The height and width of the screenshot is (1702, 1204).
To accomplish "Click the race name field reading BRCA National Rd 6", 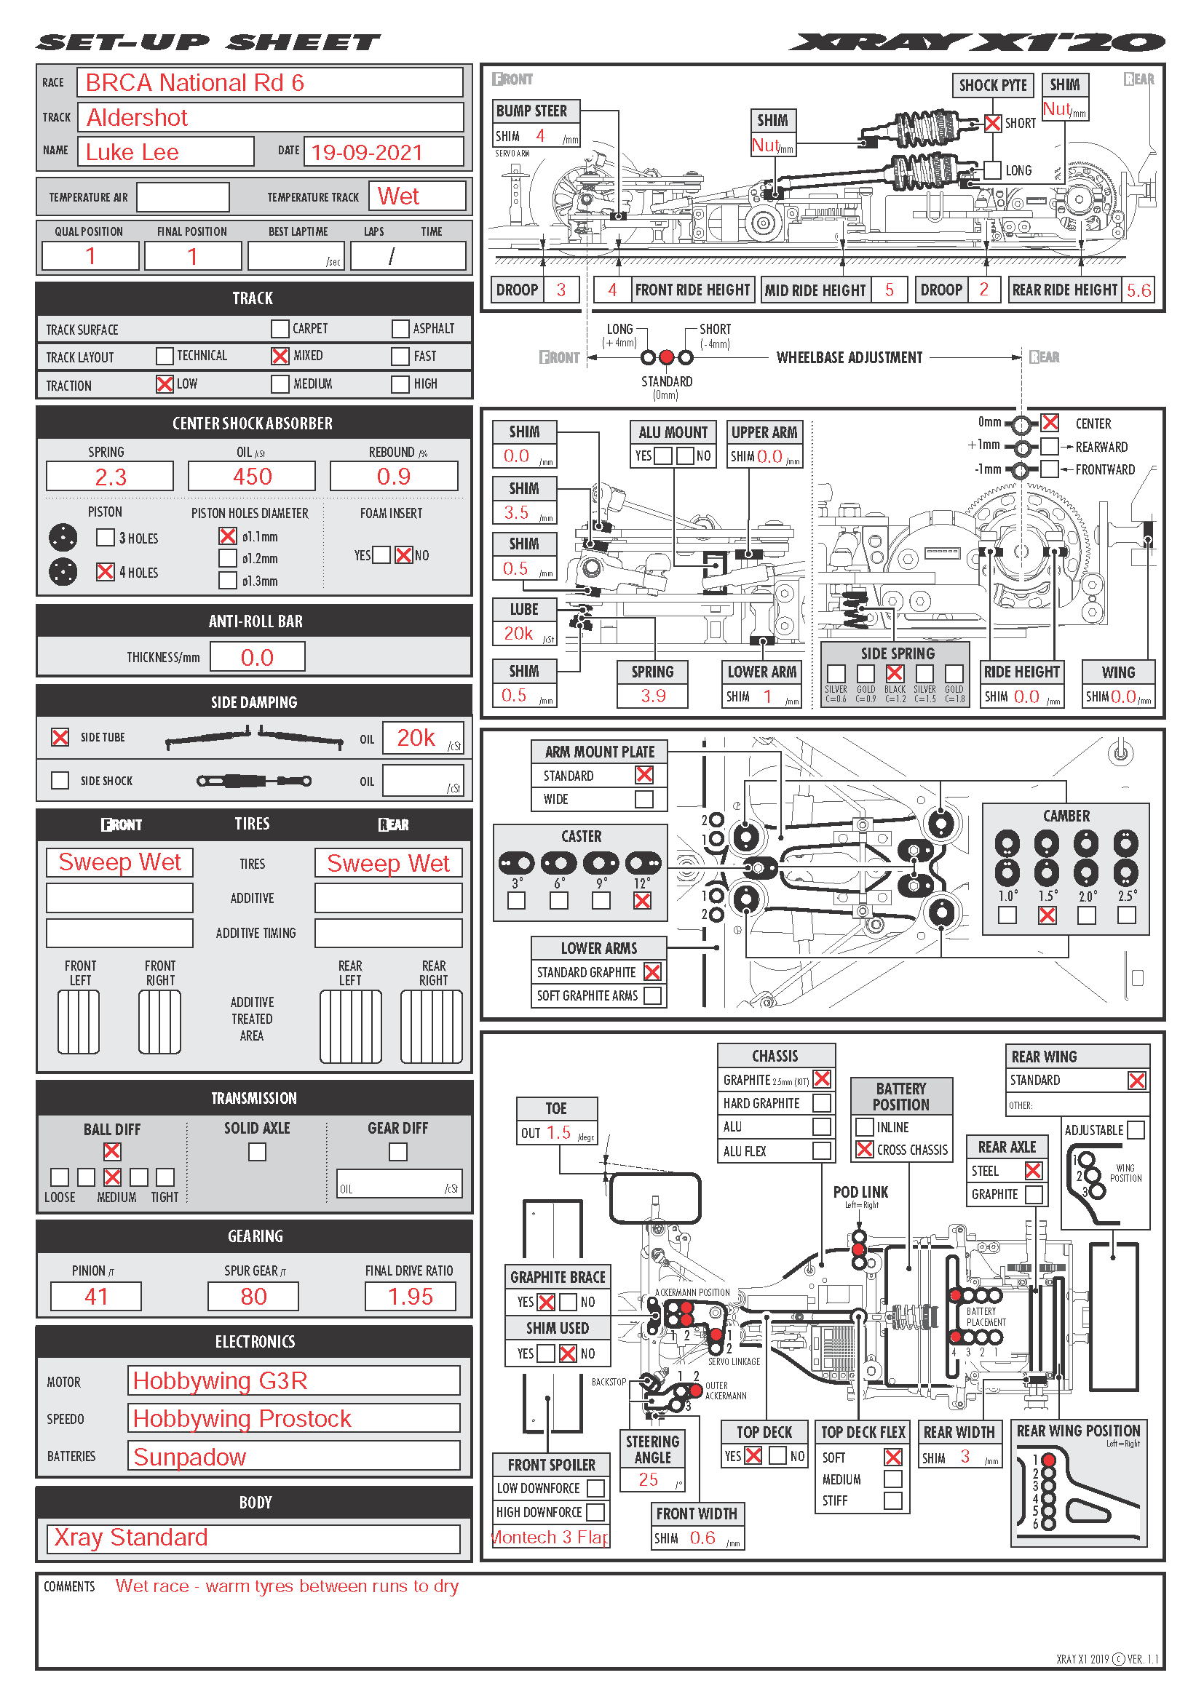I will point(270,82).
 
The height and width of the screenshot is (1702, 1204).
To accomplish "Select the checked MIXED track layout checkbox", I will point(280,356).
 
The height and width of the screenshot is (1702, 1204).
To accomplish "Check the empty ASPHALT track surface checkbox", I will point(400,328).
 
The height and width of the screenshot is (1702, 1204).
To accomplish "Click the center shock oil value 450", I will point(252,477).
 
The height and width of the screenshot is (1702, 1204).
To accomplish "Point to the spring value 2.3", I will point(110,477).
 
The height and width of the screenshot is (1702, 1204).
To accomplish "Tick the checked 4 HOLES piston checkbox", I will point(106,571).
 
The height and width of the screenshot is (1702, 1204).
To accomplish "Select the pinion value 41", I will point(95,1297).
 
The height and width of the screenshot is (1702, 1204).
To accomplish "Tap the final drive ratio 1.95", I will point(410,1297).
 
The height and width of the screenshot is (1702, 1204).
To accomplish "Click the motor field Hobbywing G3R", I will point(293,1380).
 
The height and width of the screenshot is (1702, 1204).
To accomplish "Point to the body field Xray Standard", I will point(253,1538).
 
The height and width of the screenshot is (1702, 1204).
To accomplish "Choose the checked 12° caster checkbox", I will point(642,901).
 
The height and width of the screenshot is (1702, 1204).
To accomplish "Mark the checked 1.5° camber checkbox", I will point(1047,915).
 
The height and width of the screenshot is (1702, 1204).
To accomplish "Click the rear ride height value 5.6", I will point(1138,290).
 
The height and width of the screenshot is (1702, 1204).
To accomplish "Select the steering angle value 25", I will point(649,1479).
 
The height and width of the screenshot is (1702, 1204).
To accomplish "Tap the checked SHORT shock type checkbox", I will point(993,123).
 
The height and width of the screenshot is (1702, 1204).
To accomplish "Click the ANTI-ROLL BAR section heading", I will point(254,621).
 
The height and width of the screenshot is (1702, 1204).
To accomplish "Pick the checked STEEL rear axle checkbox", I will point(1033,1171).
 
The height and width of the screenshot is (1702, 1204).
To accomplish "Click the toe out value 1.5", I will point(558,1133).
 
